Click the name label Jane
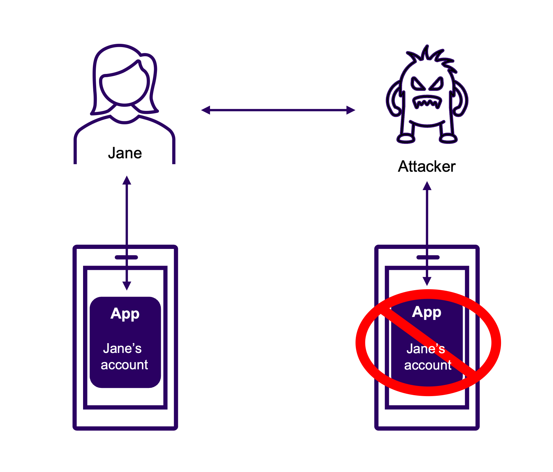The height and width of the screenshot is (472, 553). coord(125,153)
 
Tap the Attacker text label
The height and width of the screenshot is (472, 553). coord(426,166)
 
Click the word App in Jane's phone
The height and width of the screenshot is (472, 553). coord(125,314)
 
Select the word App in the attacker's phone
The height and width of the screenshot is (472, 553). coord(426,312)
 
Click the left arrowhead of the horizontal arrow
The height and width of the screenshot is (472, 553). coord(205,110)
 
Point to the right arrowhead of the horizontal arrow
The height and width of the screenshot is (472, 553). coord(351,110)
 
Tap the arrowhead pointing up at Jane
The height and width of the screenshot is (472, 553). coord(127,180)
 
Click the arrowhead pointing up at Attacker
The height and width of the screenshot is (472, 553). coord(427,186)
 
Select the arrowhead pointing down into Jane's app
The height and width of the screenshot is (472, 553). coord(127,286)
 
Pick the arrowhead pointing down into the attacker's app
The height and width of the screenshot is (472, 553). coord(427,281)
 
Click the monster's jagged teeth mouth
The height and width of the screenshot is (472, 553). coord(427,102)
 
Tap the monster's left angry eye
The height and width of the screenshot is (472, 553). coord(418,84)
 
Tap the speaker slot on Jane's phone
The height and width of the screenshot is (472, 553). coord(127,257)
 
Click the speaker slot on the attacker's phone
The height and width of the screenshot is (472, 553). coord(428,257)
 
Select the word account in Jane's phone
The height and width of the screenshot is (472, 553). coord(124,365)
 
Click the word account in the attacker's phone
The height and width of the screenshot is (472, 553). coord(428,365)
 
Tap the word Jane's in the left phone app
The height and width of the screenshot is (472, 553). coord(122,348)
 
